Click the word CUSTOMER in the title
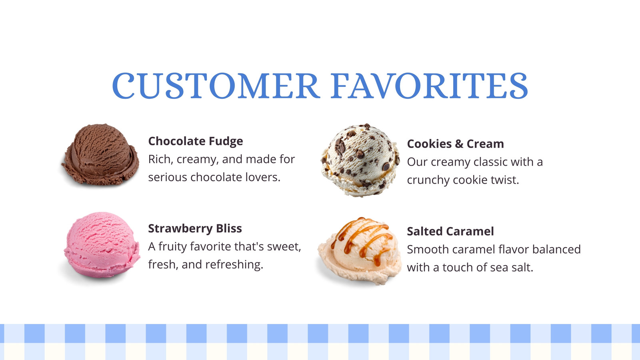[x=216, y=86]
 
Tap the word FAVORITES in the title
[x=430, y=86]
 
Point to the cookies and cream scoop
[x=360, y=160]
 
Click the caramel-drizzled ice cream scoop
[x=360, y=250]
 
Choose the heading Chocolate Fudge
[x=196, y=141]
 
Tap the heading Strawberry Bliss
[x=195, y=228]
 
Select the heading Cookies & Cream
[x=456, y=144]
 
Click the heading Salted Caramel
[x=450, y=231]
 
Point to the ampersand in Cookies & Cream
[x=459, y=144]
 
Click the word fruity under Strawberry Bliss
[x=172, y=246]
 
